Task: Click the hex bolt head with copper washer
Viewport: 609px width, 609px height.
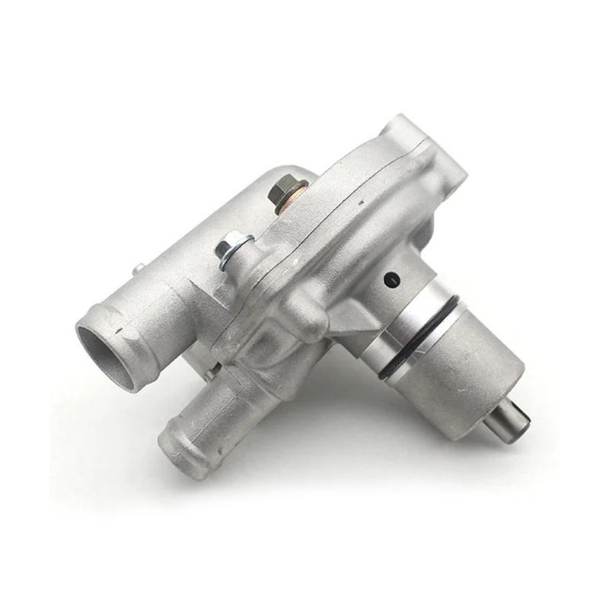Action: click(x=291, y=186)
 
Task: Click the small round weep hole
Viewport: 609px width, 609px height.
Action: click(x=391, y=280)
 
